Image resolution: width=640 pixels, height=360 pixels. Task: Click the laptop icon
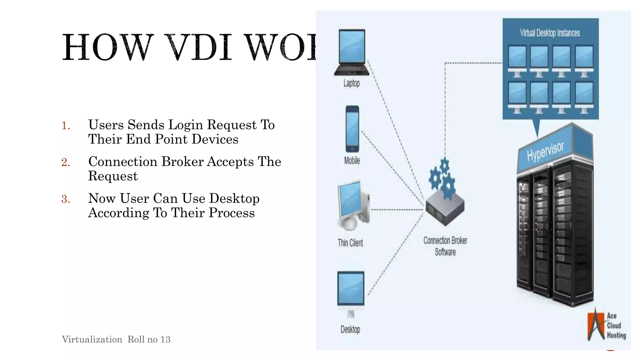[352, 52]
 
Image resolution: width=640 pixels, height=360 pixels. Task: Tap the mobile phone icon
[352, 129]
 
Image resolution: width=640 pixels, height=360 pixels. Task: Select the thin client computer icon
[353, 205]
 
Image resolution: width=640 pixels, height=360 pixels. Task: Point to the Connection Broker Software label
[445, 246]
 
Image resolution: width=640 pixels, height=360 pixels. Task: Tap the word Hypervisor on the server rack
[545, 151]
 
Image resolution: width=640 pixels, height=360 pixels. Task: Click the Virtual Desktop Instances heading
[550, 33]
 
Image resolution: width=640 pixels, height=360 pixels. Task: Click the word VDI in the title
[198, 47]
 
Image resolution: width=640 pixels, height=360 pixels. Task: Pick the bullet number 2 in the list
[66, 162]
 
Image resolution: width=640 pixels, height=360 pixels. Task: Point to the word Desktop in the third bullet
[234, 199]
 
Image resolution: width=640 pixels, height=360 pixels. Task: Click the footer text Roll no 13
[149, 340]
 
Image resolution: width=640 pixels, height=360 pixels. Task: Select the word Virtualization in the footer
[92, 340]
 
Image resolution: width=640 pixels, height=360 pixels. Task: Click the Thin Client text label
[350, 243]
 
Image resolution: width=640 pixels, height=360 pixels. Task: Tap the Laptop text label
[352, 83]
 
